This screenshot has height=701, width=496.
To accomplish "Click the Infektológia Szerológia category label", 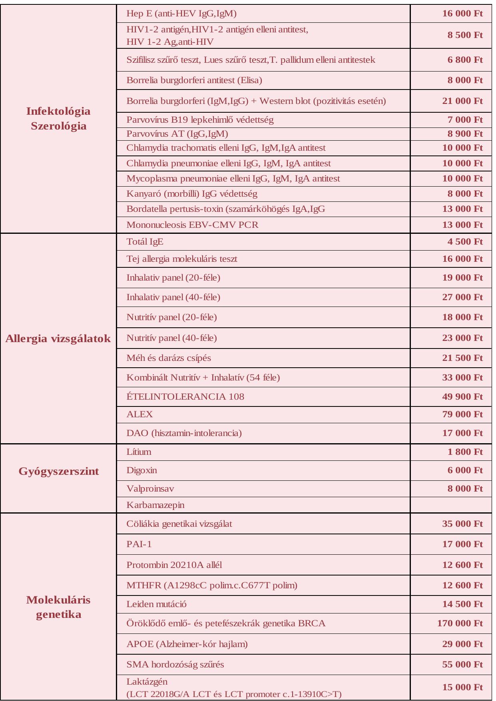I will (58, 118).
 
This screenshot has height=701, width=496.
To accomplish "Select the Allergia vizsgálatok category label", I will (58, 339).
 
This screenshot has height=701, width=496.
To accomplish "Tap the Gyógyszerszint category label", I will (58, 471).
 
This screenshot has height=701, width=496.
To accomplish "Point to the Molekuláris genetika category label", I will (58, 607).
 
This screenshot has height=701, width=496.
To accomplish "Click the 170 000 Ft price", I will (460, 623).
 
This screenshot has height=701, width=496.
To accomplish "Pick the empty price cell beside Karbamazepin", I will (451, 505).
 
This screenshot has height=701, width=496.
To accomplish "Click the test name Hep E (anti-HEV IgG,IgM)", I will (181, 14).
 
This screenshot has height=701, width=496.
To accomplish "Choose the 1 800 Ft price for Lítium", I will (465, 452).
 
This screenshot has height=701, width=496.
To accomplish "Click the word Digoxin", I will (141, 470).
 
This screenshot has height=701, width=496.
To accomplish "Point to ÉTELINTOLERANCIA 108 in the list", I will (185, 396).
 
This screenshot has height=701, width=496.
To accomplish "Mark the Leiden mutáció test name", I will (156, 604).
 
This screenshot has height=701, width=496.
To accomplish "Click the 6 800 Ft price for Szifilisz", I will (465, 60).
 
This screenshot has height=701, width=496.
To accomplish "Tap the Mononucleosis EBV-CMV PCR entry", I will (192, 225).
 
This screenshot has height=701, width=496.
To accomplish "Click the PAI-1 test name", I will (139, 544).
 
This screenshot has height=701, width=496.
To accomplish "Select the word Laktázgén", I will (147, 681).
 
